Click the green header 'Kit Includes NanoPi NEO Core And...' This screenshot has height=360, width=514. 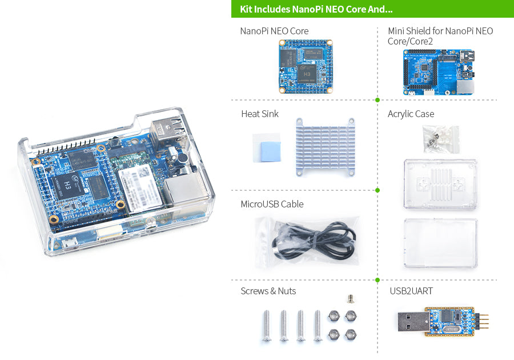pyautogui.click(x=316, y=10)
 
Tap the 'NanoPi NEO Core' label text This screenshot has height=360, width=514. pyautogui.click(x=274, y=31)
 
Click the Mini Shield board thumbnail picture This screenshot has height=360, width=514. pyautogui.click(x=438, y=71)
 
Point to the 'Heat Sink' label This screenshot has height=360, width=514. pyautogui.click(x=260, y=114)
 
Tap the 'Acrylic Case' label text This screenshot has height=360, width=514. pyautogui.click(x=411, y=114)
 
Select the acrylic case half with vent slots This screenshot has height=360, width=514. pyautogui.click(x=440, y=185)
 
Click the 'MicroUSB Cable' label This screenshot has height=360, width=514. pyautogui.click(x=272, y=204)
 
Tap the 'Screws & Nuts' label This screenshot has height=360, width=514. pyautogui.click(x=268, y=291)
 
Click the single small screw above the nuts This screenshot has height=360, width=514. pyautogui.click(x=350, y=298)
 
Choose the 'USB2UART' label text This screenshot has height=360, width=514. pyautogui.click(x=411, y=291)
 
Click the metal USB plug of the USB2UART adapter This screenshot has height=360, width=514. pyautogui.click(x=410, y=321)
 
